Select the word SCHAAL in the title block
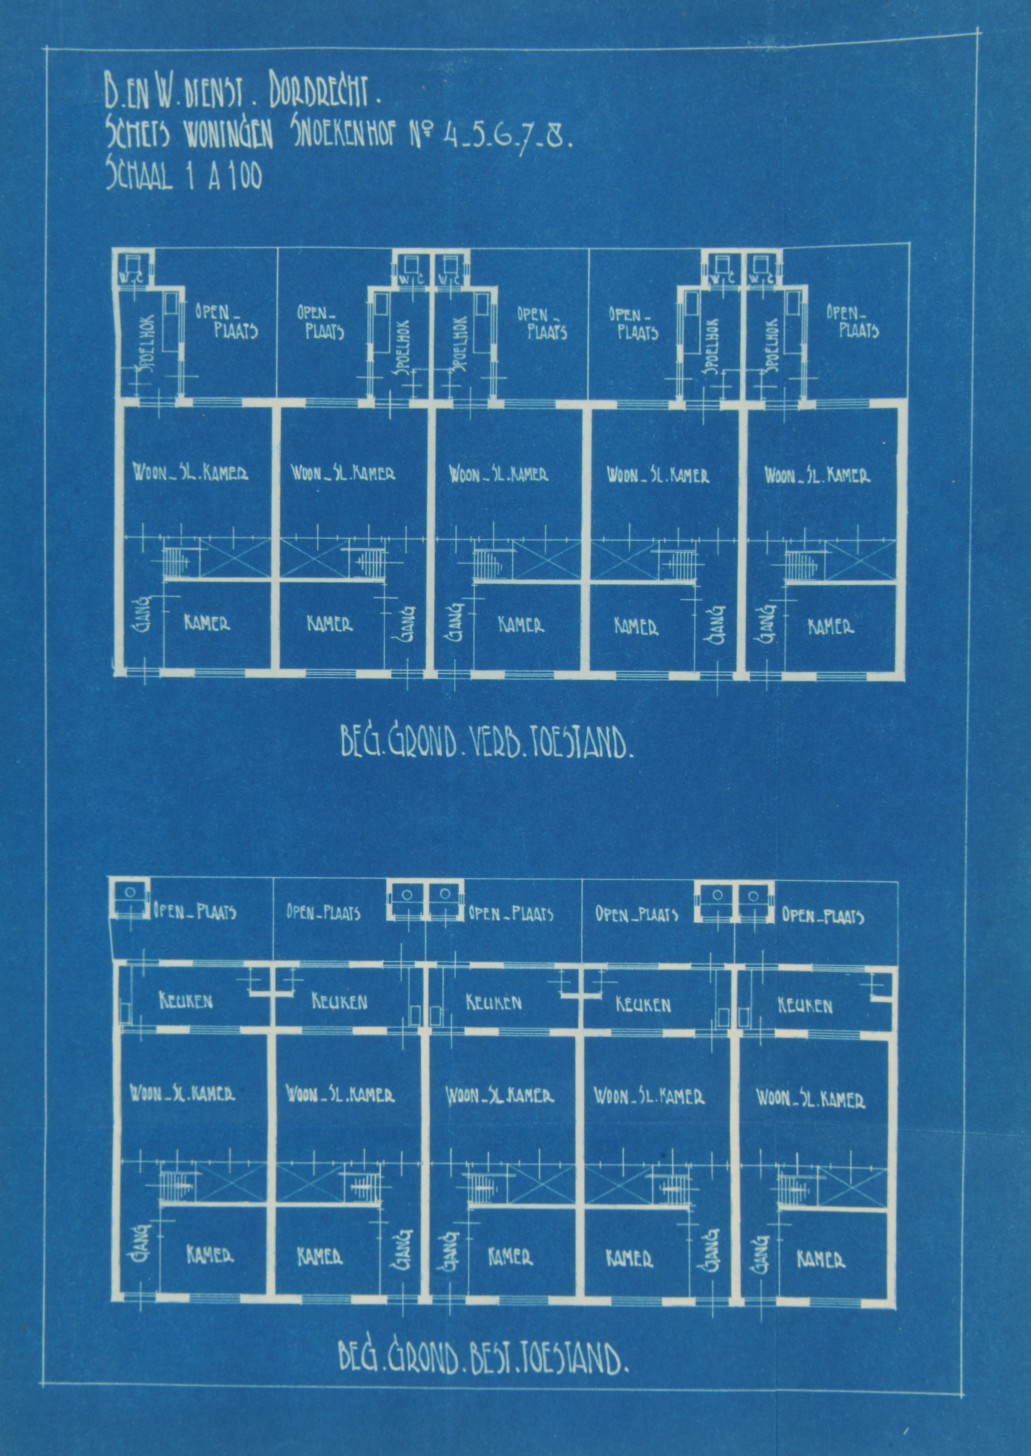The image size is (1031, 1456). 138,176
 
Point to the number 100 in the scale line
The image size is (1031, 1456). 242,176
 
